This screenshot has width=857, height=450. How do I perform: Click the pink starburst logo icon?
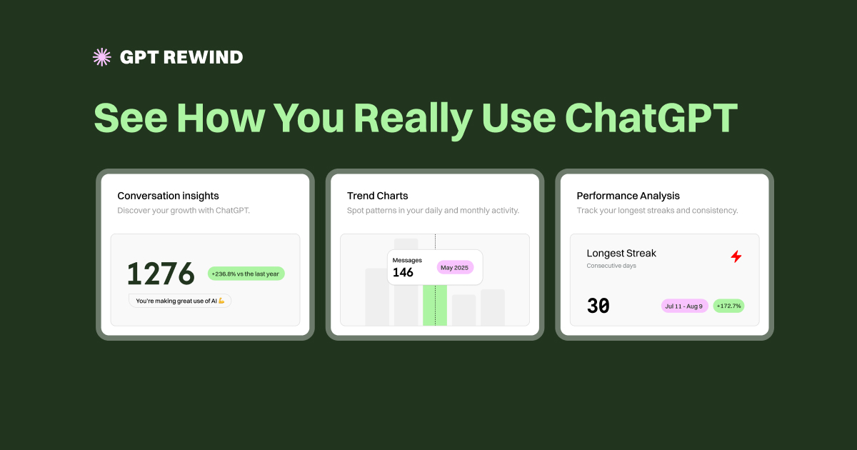[x=102, y=57]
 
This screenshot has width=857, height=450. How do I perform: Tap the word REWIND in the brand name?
[x=203, y=57]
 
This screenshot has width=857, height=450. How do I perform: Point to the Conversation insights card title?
[x=168, y=196]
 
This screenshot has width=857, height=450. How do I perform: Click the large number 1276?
[x=161, y=274]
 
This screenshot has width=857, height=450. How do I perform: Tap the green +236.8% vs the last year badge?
[x=246, y=274]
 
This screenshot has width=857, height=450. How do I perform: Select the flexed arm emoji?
[x=221, y=301]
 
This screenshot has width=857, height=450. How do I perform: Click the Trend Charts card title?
[x=377, y=196]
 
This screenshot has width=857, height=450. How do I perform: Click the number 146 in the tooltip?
[x=403, y=273]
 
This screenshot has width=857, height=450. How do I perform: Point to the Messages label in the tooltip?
[x=407, y=260]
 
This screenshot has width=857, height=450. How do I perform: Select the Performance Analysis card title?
[x=628, y=196]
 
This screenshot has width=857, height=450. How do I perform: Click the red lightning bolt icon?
[x=736, y=256]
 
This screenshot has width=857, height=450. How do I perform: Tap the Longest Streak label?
[x=621, y=254]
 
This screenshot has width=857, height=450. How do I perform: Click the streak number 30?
[x=598, y=306]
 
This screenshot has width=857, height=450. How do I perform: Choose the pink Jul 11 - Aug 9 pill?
[x=684, y=306]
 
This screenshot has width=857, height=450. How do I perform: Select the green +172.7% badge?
[x=728, y=306]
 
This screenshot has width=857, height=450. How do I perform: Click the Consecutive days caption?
[x=611, y=266]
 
